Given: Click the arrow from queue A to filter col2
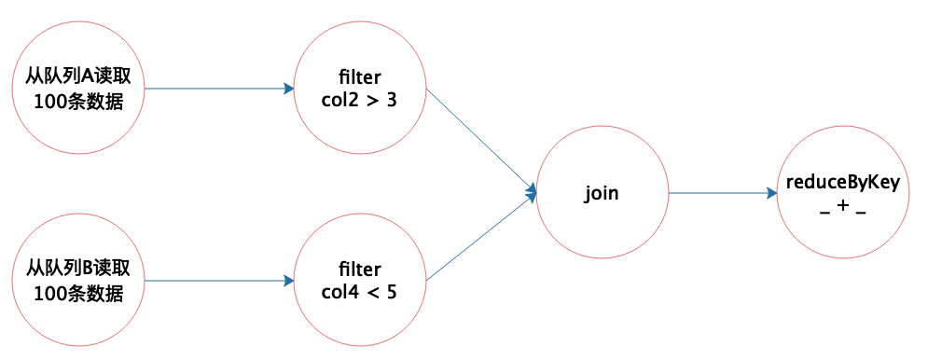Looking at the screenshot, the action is (x=219, y=89).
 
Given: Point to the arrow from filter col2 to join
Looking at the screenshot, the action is (x=480, y=141).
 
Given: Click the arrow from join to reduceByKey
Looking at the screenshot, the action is (x=723, y=193).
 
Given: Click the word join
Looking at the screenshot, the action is (x=602, y=194).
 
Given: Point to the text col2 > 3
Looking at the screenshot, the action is (x=359, y=100).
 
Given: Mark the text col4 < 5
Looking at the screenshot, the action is (x=359, y=292).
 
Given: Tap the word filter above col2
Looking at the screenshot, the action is (x=360, y=78).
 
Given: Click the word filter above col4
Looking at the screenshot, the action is (x=360, y=270).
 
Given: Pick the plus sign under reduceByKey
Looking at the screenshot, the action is (x=843, y=205).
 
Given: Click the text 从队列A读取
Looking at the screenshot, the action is (x=78, y=78).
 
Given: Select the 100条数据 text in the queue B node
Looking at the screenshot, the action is (x=78, y=293).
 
